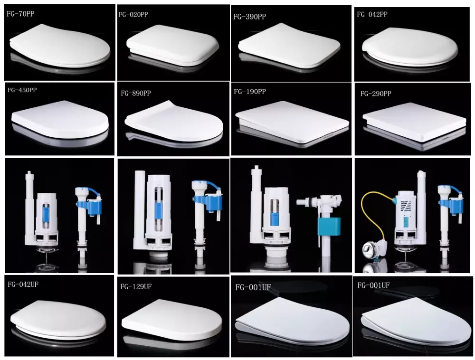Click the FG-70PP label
tap(20, 14)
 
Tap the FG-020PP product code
tap(133, 15)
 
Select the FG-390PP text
tap(249, 17)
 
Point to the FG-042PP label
tap(372, 14)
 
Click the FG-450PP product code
tap(22, 90)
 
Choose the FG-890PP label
tap(136, 93)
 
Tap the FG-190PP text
tap(250, 92)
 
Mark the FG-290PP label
tap(376, 94)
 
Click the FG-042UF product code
tap(23, 284)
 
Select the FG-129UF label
tap(136, 286)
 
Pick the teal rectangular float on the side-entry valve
tap(329, 226)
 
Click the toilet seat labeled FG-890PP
tap(174, 122)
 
